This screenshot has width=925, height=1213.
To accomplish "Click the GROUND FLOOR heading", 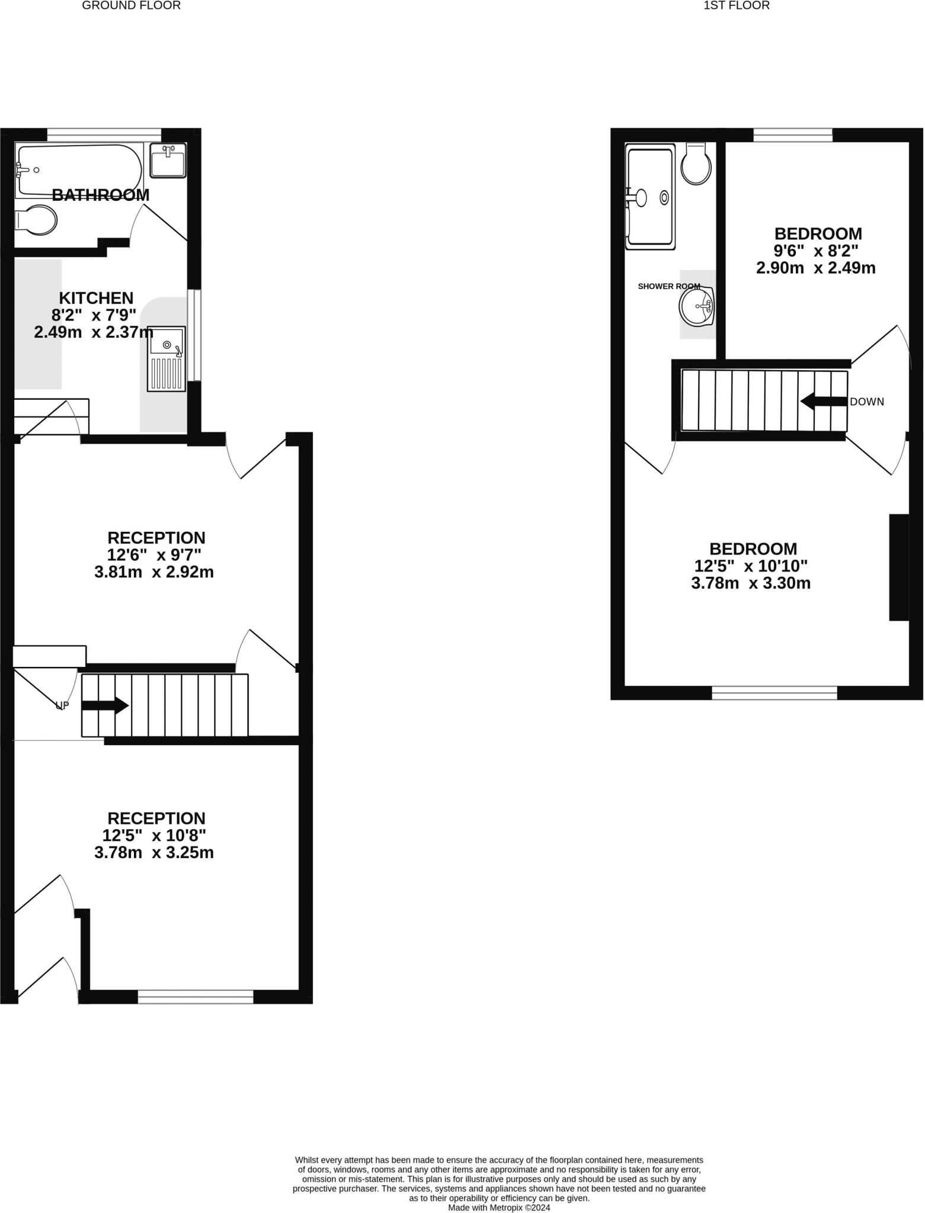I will point(131,6).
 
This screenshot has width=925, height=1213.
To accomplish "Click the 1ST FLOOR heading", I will point(736,6).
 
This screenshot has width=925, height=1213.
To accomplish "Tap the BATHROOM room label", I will point(101,195).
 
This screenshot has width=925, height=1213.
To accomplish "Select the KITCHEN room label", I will point(96,298).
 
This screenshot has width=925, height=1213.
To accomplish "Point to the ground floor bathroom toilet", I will point(37,221).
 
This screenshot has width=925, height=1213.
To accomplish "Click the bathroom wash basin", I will point(168,160).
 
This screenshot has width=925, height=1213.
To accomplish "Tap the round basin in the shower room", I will point(697,306).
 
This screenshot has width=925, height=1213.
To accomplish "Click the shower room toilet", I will point(696,163).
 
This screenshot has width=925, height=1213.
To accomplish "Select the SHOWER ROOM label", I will point(668,287).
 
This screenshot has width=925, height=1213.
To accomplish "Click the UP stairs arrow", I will point(105,705).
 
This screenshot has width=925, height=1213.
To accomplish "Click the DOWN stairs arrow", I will point(823,402).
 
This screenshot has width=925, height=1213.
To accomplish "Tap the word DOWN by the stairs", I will point(866,402).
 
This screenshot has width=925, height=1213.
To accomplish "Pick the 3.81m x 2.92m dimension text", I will point(154,573).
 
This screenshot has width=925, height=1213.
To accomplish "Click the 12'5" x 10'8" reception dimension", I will point(154,836).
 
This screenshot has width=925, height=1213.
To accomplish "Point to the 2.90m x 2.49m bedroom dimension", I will point(815,268).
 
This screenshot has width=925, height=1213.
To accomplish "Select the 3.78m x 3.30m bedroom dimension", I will point(751,583).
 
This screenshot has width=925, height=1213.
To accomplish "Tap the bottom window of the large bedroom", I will point(774,692).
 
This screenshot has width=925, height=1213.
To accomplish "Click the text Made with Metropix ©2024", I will point(499,1207).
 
